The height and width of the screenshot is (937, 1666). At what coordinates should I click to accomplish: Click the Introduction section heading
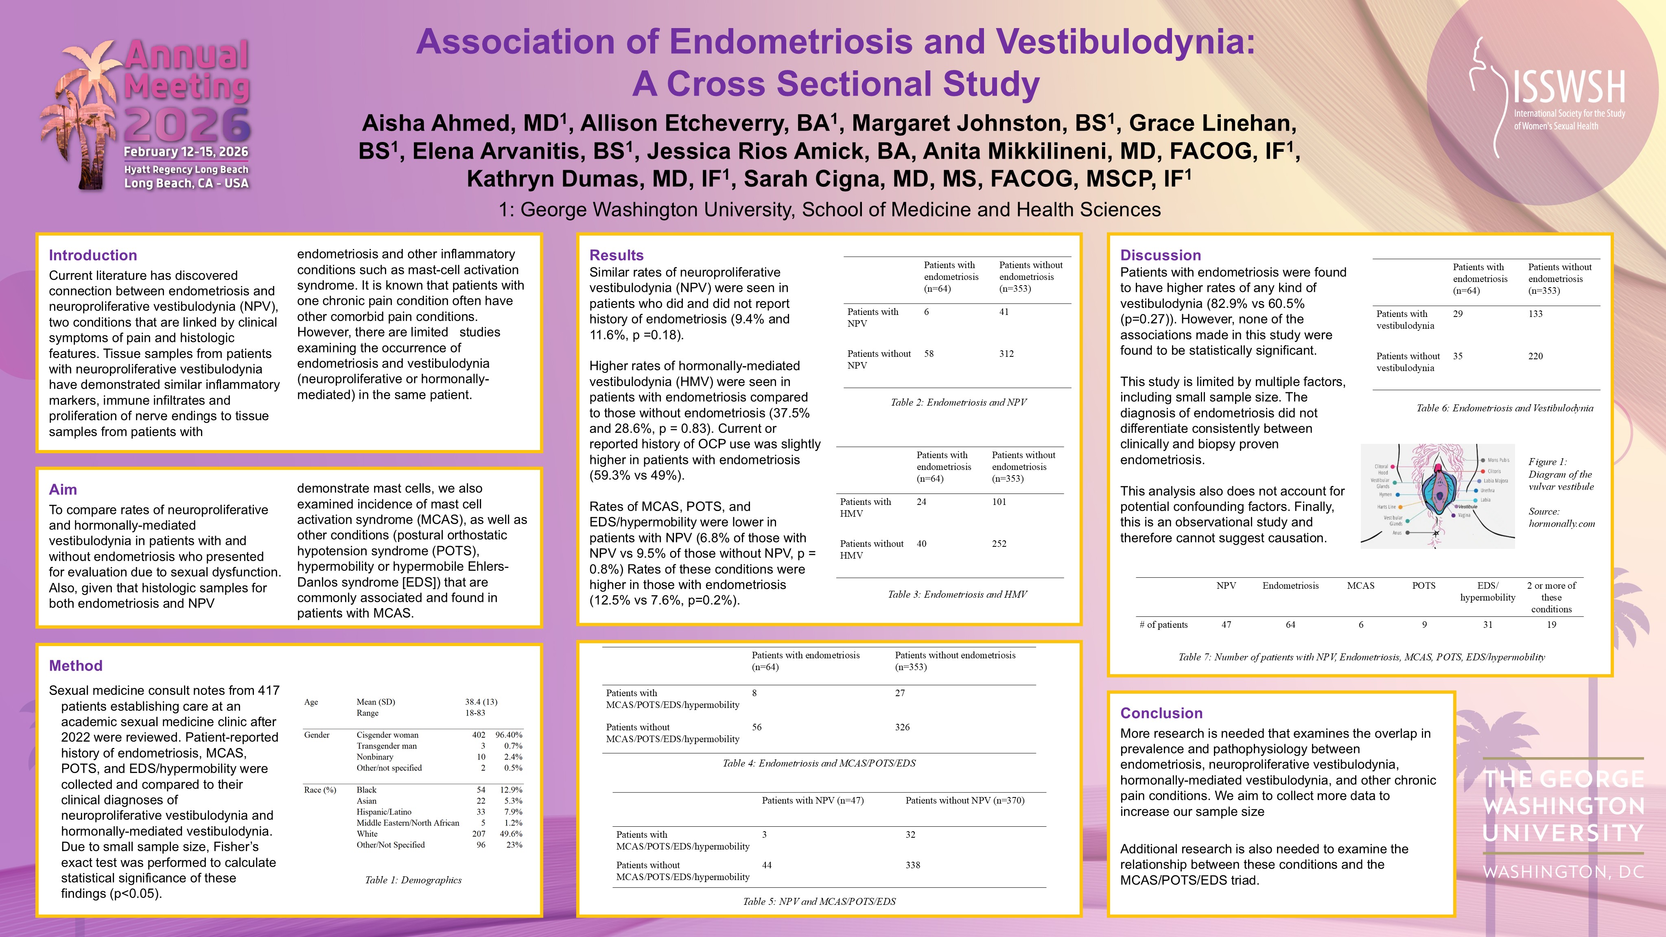pyautogui.click(x=92, y=256)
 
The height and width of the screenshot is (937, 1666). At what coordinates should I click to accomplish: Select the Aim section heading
pyautogui.click(x=63, y=489)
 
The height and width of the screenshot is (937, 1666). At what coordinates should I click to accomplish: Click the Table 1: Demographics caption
pyautogui.click(x=413, y=880)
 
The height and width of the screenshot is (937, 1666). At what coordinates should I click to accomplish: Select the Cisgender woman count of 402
pyautogui.click(x=479, y=735)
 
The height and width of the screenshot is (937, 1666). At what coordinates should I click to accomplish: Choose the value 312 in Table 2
pyautogui.click(x=1006, y=354)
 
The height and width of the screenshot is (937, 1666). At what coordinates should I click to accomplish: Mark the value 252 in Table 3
pyautogui.click(x=999, y=544)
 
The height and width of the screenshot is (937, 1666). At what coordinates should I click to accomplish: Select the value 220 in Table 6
pyautogui.click(x=1535, y=356)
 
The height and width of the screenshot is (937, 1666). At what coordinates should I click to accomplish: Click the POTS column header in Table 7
pyautogui.click(x=1423, y=586)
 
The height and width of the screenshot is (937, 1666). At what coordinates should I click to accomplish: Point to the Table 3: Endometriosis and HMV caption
pyautogui.click(x=957, y=594)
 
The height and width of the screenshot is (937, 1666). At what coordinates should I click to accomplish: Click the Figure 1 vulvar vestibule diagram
pyautogui.click(x=1437, y=496)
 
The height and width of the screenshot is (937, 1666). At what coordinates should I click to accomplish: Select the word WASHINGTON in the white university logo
pyautogui.click(x=1564, y=806)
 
